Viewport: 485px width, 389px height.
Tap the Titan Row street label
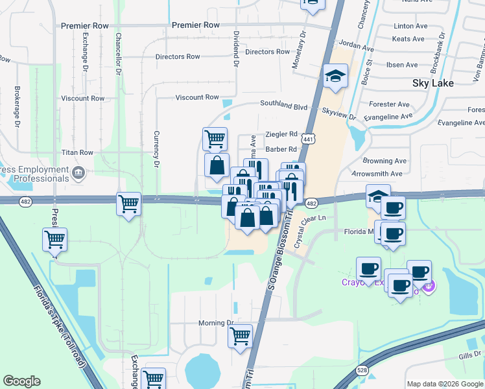pyautogui.click(x=77, y=152)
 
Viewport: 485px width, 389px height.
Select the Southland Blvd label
pyautogui.click(x=283, y=104)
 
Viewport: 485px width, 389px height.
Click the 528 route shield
pyautogui.click(x=363, y=370)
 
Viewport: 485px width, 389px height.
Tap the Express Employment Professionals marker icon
pyautogui.click(x=78, y=173)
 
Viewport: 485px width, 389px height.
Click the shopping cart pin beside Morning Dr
pyautogui.click(x=240, y=336)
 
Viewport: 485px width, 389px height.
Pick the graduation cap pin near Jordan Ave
pyautogui.click(x=336, y=77)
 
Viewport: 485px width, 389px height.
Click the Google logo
pyautogui.click(x=21, y=381)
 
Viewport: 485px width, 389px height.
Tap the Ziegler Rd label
pyautogui.click(x=281, y=134)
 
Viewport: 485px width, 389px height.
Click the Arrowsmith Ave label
pyautogui.click(x=377, y=174)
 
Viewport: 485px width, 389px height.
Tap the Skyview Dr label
pyautogui.click(x=343, y=115)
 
